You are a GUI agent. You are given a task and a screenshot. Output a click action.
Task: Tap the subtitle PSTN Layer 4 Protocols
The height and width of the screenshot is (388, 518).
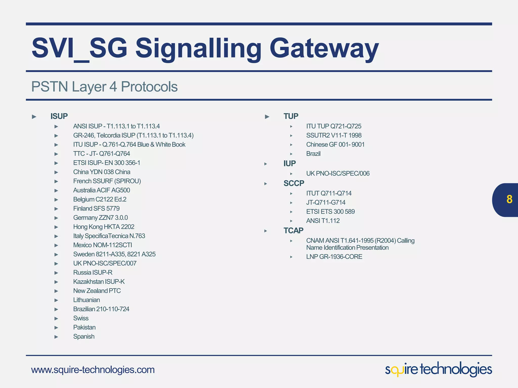(104, 87)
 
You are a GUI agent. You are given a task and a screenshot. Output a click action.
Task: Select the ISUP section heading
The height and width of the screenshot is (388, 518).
(59, 116)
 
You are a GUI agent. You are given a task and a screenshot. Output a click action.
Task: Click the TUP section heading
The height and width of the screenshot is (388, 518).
(291, 116)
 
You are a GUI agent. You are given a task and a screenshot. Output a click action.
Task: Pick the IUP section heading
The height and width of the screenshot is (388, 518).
(289, 163)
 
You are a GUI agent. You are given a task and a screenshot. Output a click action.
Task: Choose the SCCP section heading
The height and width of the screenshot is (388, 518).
(294, 183)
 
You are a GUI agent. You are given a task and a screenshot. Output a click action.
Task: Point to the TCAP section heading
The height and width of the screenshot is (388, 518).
(293, 230)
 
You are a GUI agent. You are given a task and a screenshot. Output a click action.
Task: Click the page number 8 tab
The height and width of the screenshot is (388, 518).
(509, 200)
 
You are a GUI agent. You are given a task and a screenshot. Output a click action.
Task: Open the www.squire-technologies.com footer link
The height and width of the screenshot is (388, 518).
(93, 370)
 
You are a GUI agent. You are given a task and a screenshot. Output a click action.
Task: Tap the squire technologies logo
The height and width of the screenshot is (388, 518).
(438, 369)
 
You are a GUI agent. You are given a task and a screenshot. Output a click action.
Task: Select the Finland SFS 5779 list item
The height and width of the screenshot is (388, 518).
(96, 208)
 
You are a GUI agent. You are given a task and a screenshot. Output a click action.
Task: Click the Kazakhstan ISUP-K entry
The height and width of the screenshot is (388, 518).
(99, 282)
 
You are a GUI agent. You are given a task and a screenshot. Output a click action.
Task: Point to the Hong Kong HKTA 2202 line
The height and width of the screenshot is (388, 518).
(103, 227)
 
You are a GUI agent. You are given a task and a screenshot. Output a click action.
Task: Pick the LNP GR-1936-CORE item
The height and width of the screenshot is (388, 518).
(334, 257)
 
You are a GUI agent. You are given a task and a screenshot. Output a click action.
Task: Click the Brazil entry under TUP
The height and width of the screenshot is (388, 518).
(313, 154)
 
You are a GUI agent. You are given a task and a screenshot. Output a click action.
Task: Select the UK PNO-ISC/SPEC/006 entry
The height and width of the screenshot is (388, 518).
(338, 174)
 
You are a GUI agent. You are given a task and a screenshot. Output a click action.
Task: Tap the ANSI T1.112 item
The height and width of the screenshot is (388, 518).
(323, 221)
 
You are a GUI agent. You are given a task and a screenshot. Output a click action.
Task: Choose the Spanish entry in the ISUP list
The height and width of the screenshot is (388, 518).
(84, 336)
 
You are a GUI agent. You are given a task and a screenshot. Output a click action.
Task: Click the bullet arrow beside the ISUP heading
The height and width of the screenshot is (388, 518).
(34, 117)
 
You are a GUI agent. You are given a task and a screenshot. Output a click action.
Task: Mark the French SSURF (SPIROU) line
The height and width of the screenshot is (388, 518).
(107, 181)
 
